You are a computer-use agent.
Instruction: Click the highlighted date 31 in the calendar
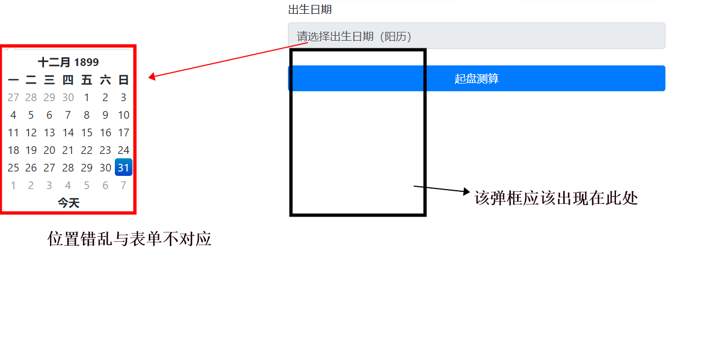point(124,168)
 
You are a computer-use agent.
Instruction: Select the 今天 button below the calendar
point(69,203)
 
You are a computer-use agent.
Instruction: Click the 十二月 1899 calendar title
point(68,62)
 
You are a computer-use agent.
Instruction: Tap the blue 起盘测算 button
point(476,79)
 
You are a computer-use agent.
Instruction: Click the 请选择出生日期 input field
point(476,36)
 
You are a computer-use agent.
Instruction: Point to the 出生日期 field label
point(310,9)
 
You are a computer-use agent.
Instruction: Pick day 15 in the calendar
point(87,132)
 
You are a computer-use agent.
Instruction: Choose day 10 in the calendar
point(124,115)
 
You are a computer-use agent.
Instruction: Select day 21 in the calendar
point(68,150)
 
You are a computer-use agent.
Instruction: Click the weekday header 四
point(68,80)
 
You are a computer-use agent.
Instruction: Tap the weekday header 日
point(124,80)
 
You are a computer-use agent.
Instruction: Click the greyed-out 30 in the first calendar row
point(68,97)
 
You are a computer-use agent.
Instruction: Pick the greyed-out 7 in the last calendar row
point(124,185)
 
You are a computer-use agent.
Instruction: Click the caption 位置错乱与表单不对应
point(130,239)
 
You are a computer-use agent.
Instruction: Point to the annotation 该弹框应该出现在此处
point(556,198)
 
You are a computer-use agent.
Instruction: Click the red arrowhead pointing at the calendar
point(152,77)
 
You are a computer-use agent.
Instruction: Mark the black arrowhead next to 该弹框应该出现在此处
point(467,192)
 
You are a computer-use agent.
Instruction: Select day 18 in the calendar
point(13,150)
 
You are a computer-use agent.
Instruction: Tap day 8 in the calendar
point(87,115)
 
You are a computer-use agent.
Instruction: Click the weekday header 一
point(13,80)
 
